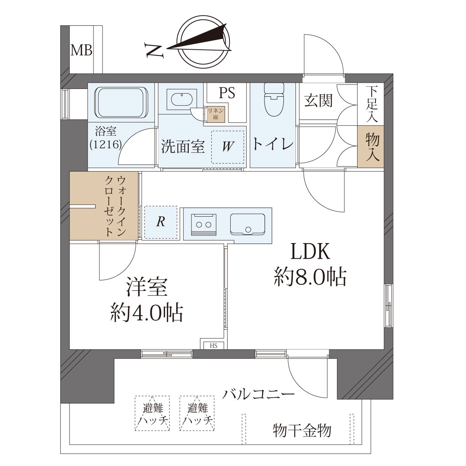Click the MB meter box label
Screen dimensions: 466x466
[x=81, y=51]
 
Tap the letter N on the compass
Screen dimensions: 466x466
[x=154, y=50]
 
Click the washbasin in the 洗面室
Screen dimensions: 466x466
[x=182, y=99]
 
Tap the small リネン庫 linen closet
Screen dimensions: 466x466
[x=216, y=114]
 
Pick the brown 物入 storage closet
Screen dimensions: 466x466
[x=371, y=146]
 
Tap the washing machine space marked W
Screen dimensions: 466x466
[x=228, y=147]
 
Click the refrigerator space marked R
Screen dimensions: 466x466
[x=161, y=222]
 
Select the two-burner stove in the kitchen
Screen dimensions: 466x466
[x=203, y=224]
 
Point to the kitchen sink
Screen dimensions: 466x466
[x=247, y=224]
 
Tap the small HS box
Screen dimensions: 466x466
[x=214, y=346]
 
